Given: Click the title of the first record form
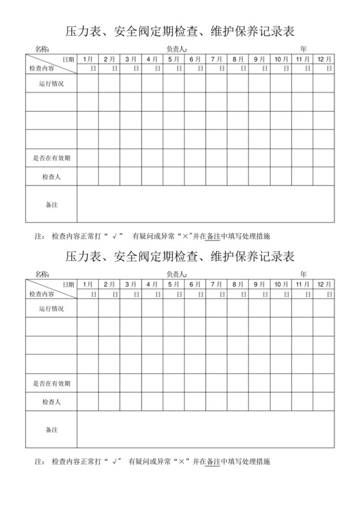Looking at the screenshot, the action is point(180,30).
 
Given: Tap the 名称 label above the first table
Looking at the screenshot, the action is point(42,49).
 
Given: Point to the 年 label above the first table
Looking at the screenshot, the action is point(303,49).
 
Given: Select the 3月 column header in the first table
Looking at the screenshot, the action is point(130,59).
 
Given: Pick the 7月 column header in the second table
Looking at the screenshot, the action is point(216,284).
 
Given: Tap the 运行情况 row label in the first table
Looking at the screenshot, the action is point(51,84).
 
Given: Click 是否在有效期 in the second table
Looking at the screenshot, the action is point(51,383).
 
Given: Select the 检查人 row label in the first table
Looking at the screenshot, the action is point(51,176).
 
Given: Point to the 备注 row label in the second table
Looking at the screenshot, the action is point(51,429).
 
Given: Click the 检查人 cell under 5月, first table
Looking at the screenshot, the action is point(174,176).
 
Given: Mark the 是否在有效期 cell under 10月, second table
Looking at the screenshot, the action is point(281,383).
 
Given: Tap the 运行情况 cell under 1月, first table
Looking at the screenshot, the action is point(88,84).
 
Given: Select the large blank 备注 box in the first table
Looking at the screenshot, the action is point(206,204).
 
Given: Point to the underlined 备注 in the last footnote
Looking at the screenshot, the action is point(212,461).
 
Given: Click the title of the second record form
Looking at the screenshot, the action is point(180,256).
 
